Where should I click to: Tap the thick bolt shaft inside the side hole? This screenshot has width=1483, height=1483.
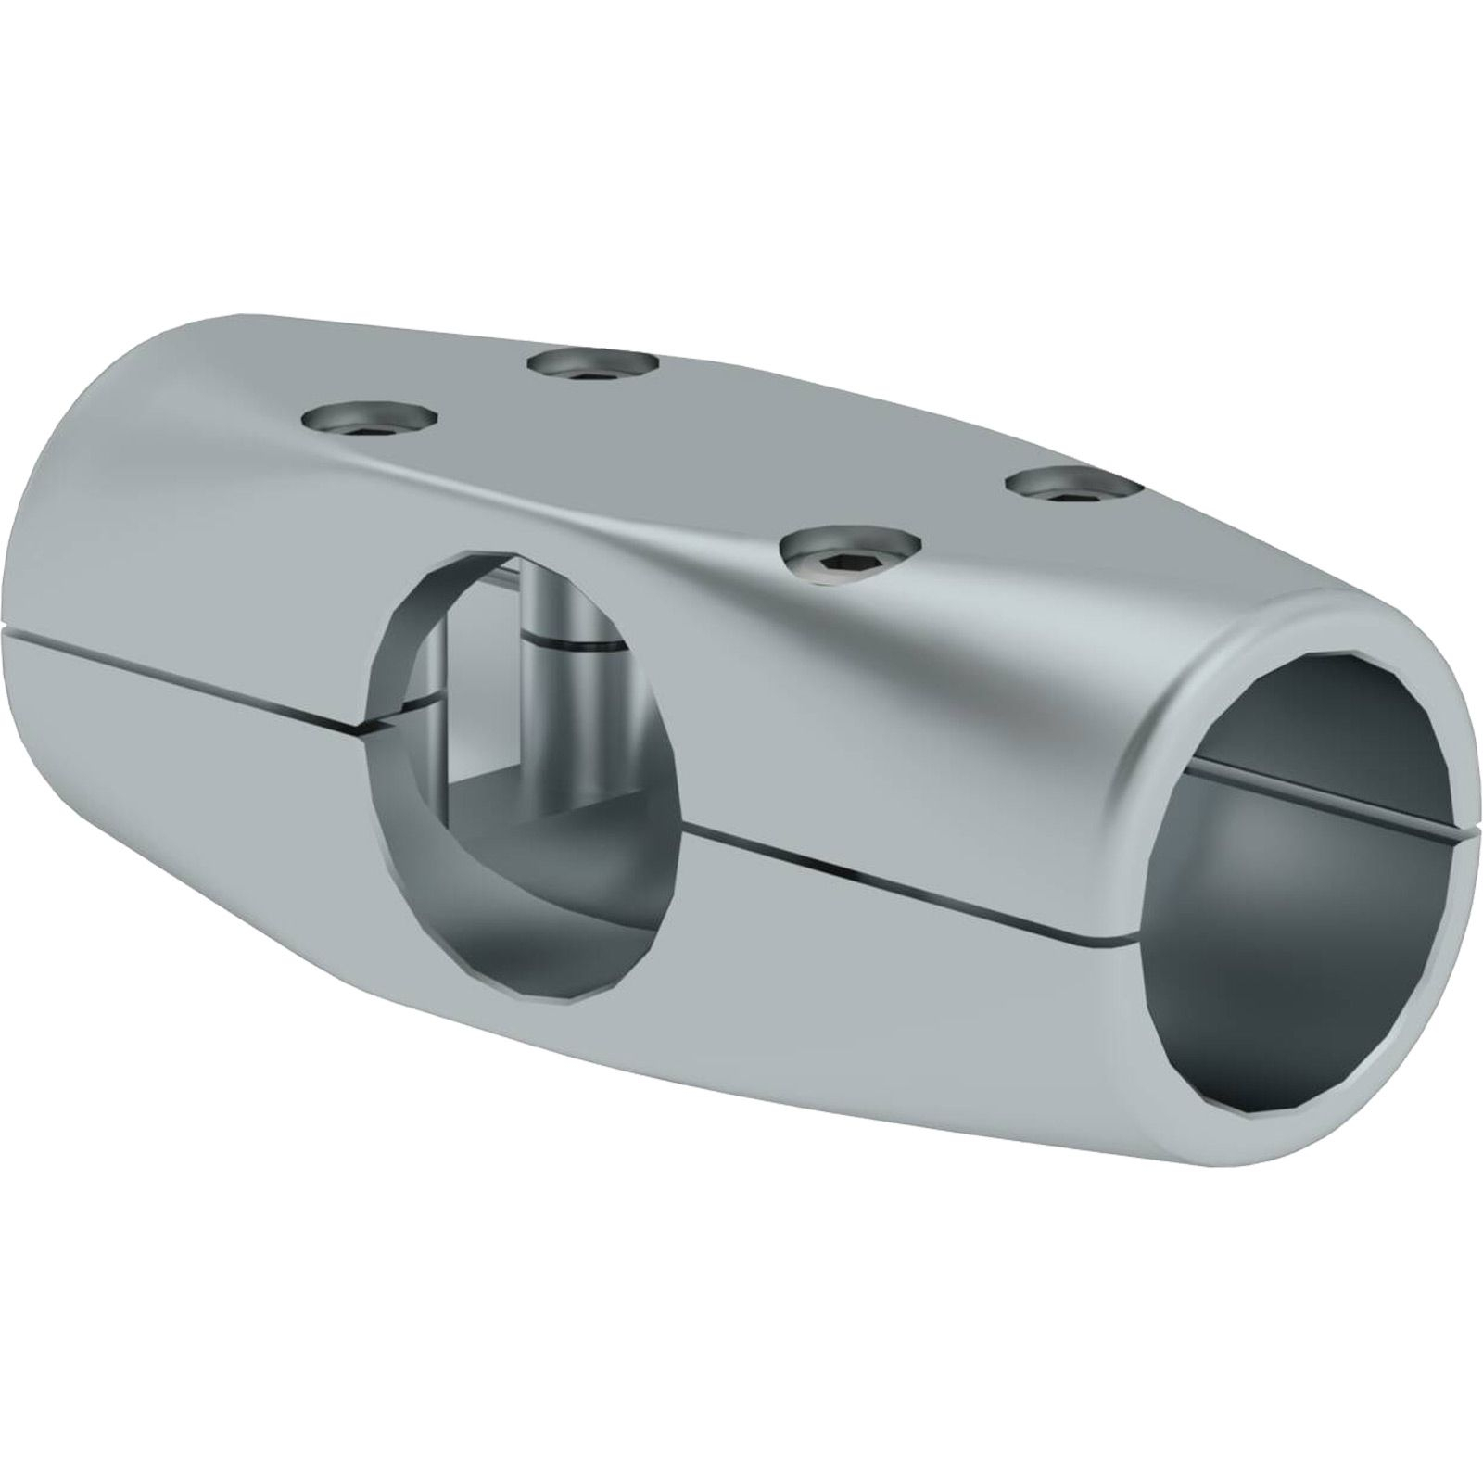pyautogui.click(x=569, y=704)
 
